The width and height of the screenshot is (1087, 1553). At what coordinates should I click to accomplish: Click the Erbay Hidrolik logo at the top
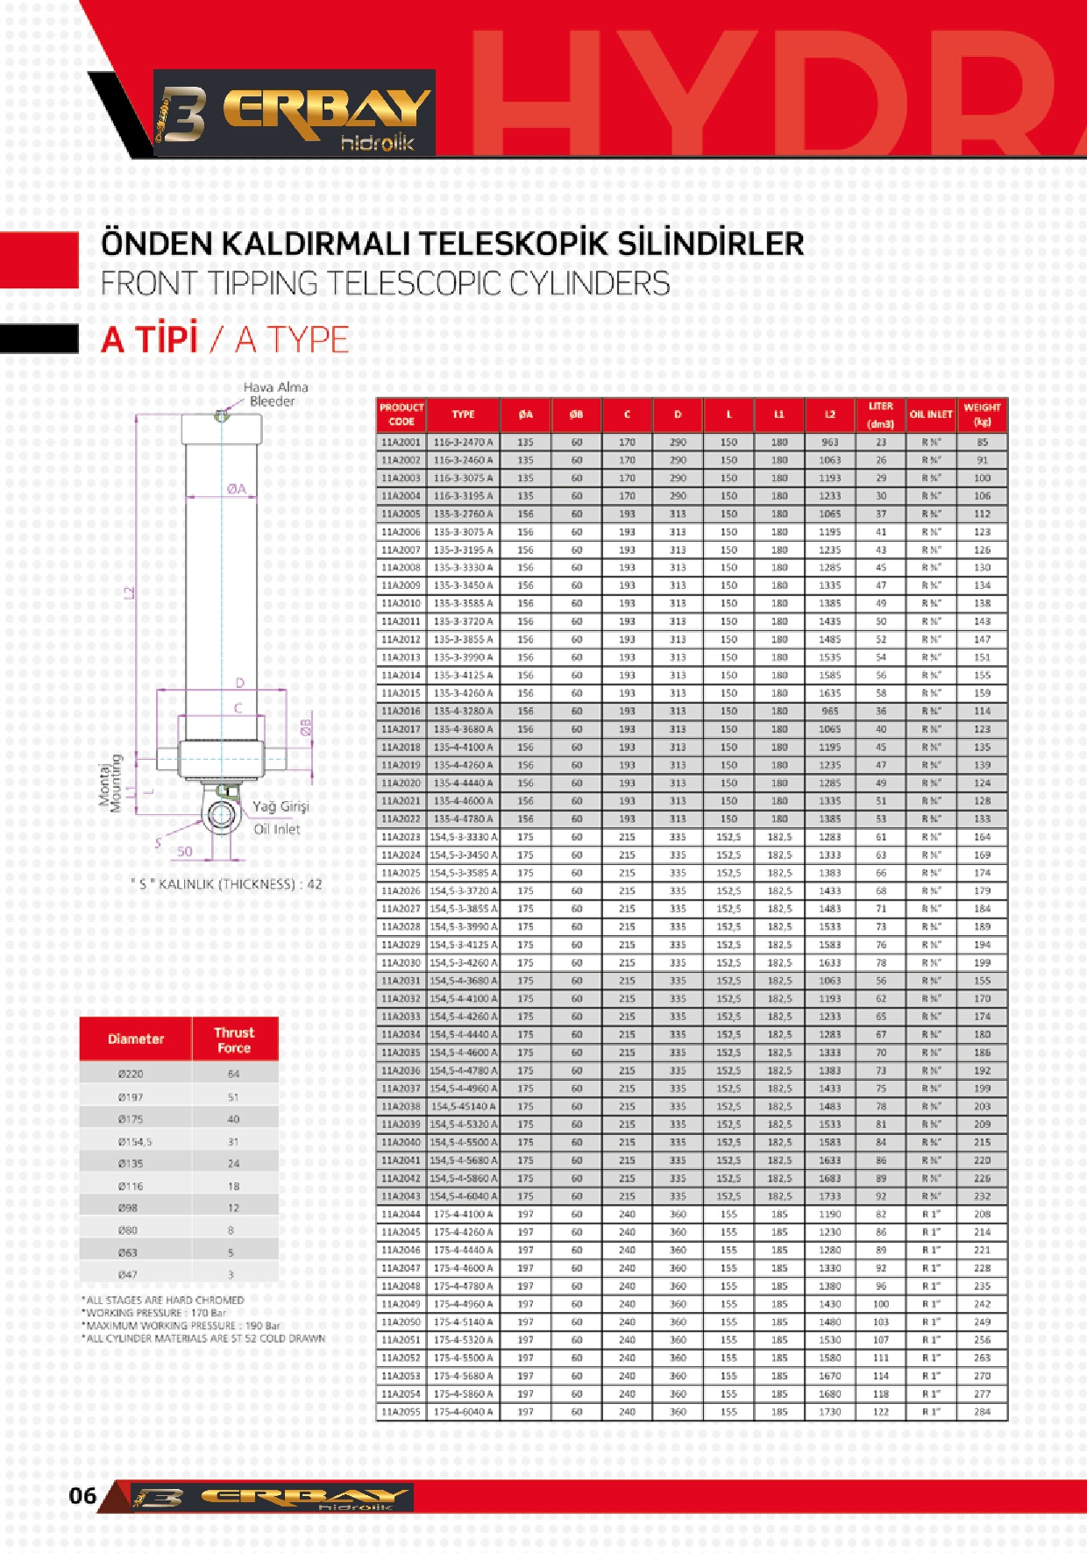click(x=295, y=113)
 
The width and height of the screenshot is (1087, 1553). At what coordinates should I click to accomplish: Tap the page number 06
click(x=82, y=1495)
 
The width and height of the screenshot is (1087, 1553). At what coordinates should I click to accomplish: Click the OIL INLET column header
click(x=931, y=415)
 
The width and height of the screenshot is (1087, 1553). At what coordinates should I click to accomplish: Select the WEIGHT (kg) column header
click(x=982, y=415)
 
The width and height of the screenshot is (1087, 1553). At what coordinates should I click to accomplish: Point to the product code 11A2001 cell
click(x=401, y=443)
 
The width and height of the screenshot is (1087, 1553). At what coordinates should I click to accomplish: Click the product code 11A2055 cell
click(x=401, y=1412)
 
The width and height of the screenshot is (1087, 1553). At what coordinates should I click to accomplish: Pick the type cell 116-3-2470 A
click(x=463, y=443)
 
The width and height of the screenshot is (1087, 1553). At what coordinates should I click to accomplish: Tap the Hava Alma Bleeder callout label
click(x=274, y=394)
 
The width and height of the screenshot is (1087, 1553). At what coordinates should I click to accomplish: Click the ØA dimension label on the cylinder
click(x=237, y=489)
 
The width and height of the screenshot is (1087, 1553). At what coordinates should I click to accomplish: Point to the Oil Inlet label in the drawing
click(x=277, y=829)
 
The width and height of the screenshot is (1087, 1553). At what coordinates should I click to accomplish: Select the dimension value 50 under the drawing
click(x=185, y=851)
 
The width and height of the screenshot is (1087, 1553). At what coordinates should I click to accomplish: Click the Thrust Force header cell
click(x=234, y=1039)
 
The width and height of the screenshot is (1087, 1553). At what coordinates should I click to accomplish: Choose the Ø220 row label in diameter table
click(x=131, y=1074)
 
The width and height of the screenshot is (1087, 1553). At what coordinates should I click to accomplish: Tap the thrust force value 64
click(x=233, y=1074)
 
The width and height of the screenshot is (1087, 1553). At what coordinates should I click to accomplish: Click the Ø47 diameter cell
click(x=128, y=1274)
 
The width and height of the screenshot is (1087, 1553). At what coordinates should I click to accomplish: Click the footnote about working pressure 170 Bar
click(x=155, y=1313)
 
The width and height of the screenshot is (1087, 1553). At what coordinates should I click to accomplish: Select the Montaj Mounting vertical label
click(x=110, y=783)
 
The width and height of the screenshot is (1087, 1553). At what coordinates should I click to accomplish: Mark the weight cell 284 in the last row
click(x=982, y=1412)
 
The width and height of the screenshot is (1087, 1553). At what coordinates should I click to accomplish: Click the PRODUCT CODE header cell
click(x=401, y=415)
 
